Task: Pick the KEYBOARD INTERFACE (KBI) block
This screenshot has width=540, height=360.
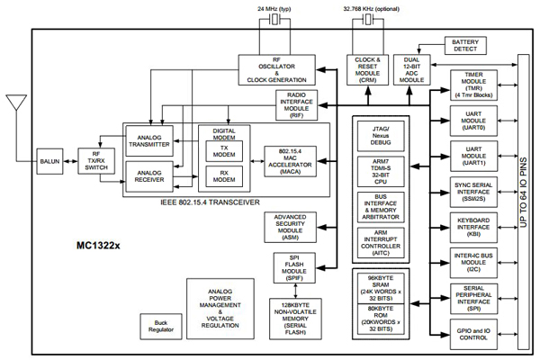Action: (x=473, y=227)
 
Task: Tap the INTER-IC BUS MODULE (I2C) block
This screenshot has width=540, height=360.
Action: (x=473, y=262)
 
